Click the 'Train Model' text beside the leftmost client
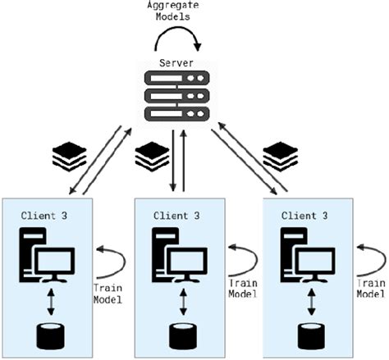pos(108,294)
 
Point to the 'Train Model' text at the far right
pos(372,288)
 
